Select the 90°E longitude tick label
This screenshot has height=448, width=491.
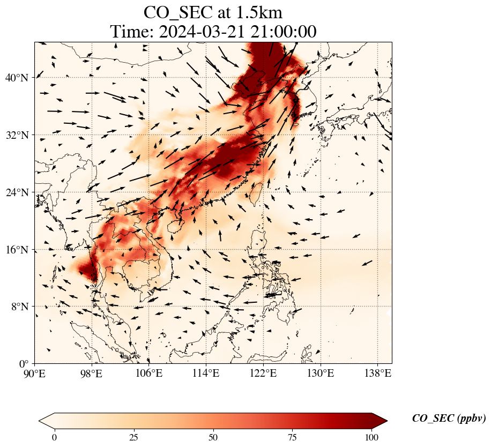click(35, 373)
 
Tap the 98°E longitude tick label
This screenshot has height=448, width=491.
click(92, 373)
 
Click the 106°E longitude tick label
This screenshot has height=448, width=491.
click(149, 373)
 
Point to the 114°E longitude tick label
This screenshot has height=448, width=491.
click(206, 373)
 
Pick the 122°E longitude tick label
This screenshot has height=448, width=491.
click(263, 373)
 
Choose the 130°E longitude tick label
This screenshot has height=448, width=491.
click(320, 373)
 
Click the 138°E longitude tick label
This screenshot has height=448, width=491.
click(377, 373)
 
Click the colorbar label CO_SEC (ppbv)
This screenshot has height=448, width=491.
click(449, 419)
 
